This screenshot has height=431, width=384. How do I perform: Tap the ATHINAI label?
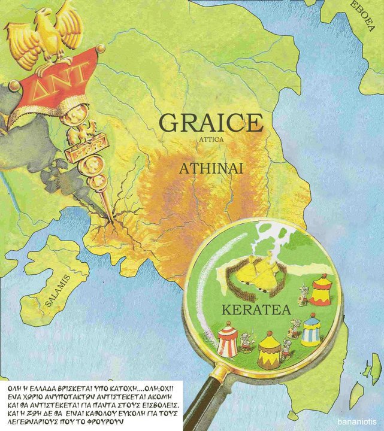tap(211, 169)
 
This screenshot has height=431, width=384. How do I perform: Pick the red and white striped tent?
tap(228, 339)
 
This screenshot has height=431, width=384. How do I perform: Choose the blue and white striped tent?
tap(312, 330)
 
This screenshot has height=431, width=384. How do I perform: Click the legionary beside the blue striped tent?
tap(294, 327)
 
